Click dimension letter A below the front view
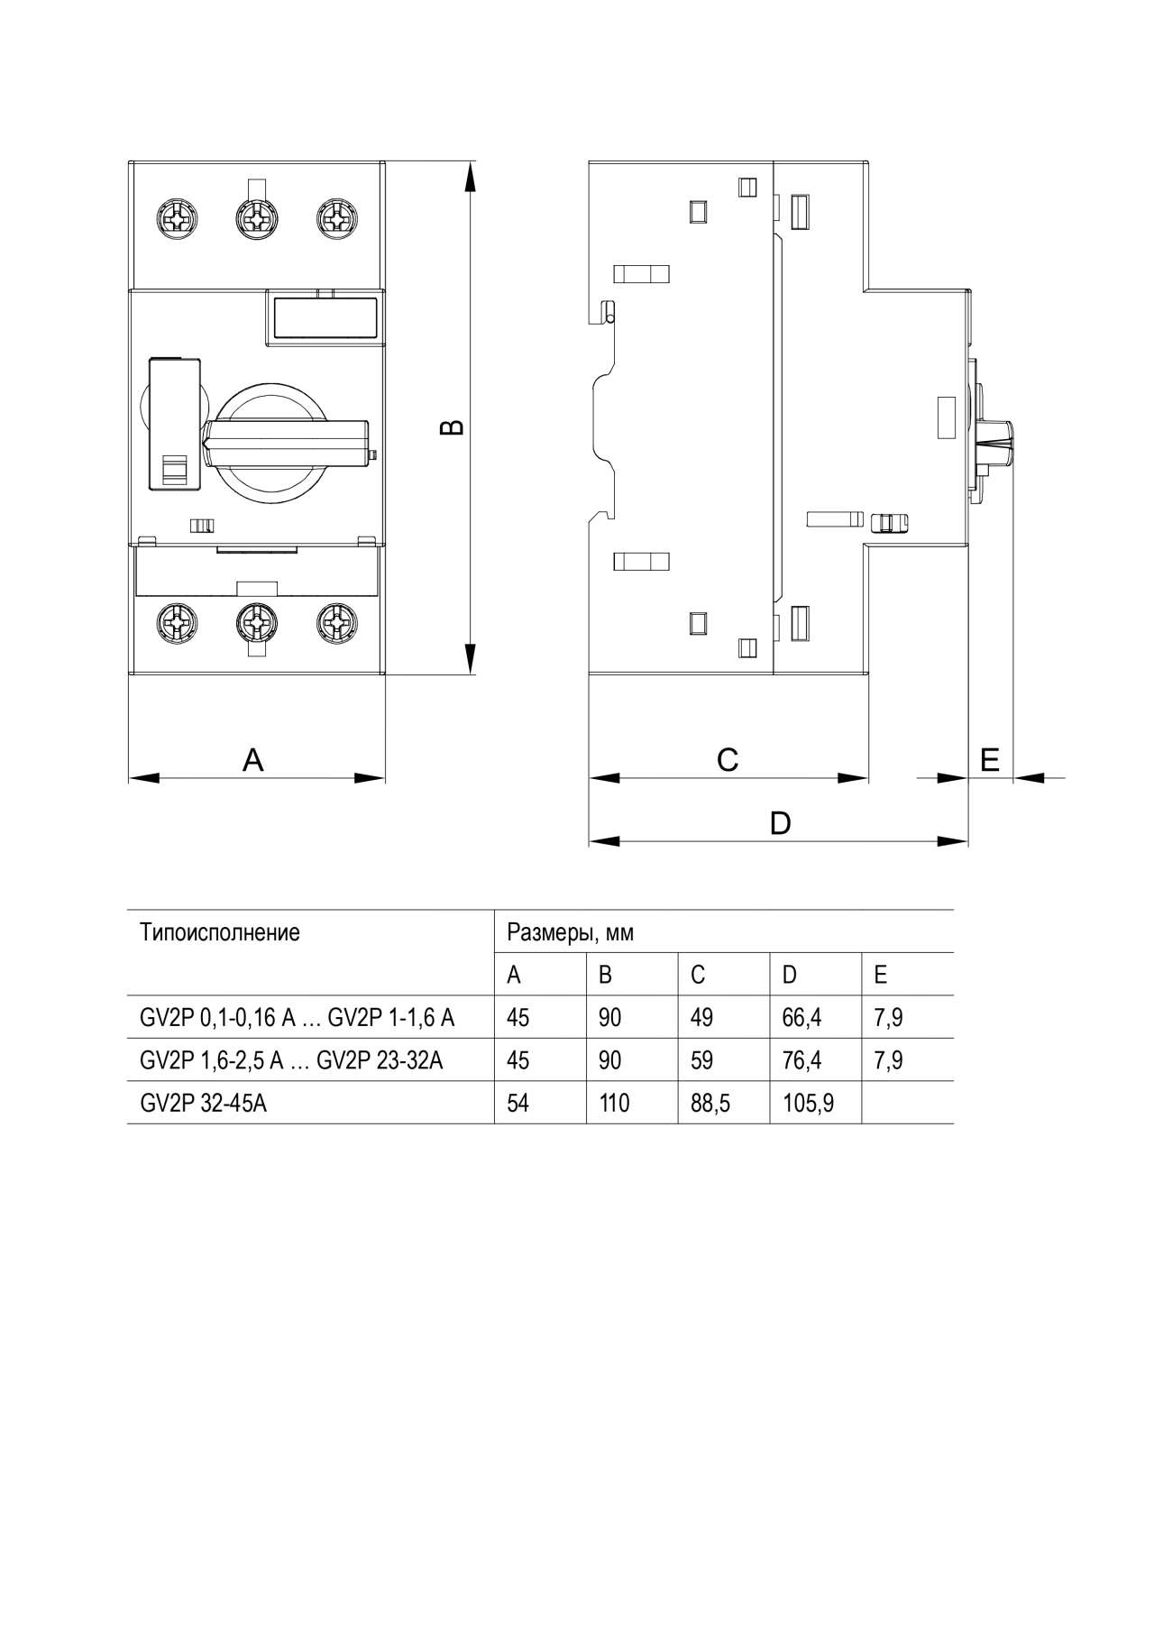click(x=253, y=760)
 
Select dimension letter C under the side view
click(x=728, y=760)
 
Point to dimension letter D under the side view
click(x=781, y=823)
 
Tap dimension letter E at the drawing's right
click(x=990, y=760)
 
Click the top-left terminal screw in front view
click(x=172, y=217)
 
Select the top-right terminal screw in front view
click(x=335, y=217)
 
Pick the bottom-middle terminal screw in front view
click(x=253, y=621)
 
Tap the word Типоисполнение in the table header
click(x=220, y=932)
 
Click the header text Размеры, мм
click(x=571, y=932)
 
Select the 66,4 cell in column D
click(x=801, y=1018)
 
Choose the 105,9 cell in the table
click(x=808, y=1103)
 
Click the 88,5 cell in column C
click(x=710, y=1103)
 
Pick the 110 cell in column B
click(x=614, y=1103)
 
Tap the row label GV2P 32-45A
click(x=203, y=1103)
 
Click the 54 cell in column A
click(x=517, y=1103)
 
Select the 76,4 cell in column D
click(x=801, y=1060)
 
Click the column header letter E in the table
click(x=881, y=975)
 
